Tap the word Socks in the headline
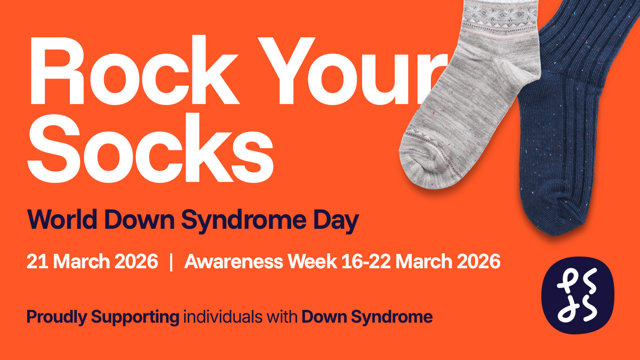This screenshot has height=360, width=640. [x=150, y=148]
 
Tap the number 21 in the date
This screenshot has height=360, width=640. [x=37, y=261]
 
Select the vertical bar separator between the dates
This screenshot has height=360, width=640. [x=171, y=262]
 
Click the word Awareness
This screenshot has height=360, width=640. [x=234, y=261]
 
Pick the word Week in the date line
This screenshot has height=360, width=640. [x=313, y=261]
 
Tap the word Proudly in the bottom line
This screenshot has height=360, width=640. [x=57, y=317]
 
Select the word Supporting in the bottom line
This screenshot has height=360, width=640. [x=135, y=317]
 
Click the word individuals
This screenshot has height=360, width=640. [x=222, y=317]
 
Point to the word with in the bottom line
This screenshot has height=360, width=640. [x=282, y=317]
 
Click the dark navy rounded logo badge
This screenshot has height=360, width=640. [x=578, y=295]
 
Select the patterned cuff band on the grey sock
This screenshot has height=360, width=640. [x=500, y=17]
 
